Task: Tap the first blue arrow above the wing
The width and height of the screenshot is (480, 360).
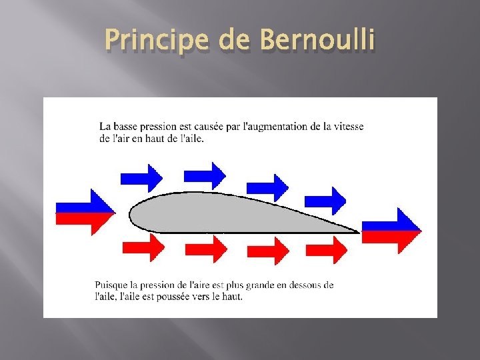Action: [141, 177]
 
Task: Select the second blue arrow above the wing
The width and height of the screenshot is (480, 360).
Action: [205, 175]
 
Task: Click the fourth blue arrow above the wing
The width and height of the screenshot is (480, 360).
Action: [325, 199]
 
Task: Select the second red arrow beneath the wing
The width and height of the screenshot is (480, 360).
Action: [206, 250]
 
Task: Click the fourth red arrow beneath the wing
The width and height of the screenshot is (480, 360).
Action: [326, 250]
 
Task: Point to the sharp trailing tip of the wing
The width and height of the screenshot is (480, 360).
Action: [357, 231]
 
